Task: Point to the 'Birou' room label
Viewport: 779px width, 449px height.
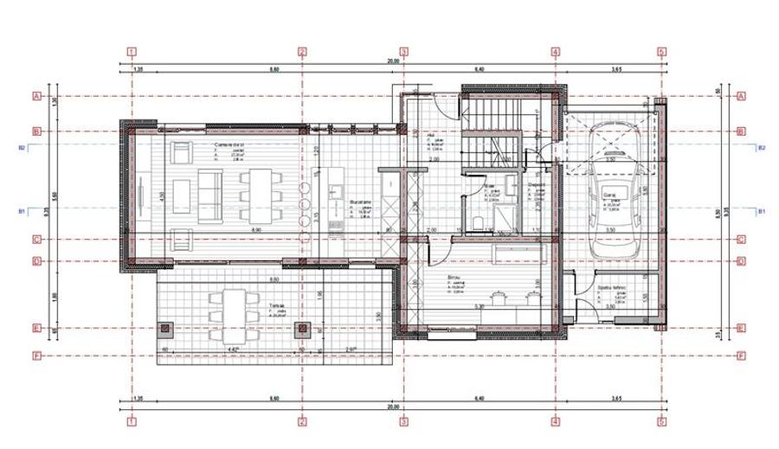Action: tap(454, 277)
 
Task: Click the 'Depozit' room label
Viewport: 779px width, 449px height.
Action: tap(537, 184)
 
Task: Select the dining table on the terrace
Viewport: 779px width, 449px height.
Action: tap(228, 305)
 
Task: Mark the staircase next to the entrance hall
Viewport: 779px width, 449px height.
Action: tap(492, 130)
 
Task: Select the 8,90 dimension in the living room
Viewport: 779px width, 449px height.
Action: tap(255, 229)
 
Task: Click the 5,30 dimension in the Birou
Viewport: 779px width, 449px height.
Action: tap(479, 305)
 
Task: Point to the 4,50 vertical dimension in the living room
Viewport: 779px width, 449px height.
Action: tap(160, 195)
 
